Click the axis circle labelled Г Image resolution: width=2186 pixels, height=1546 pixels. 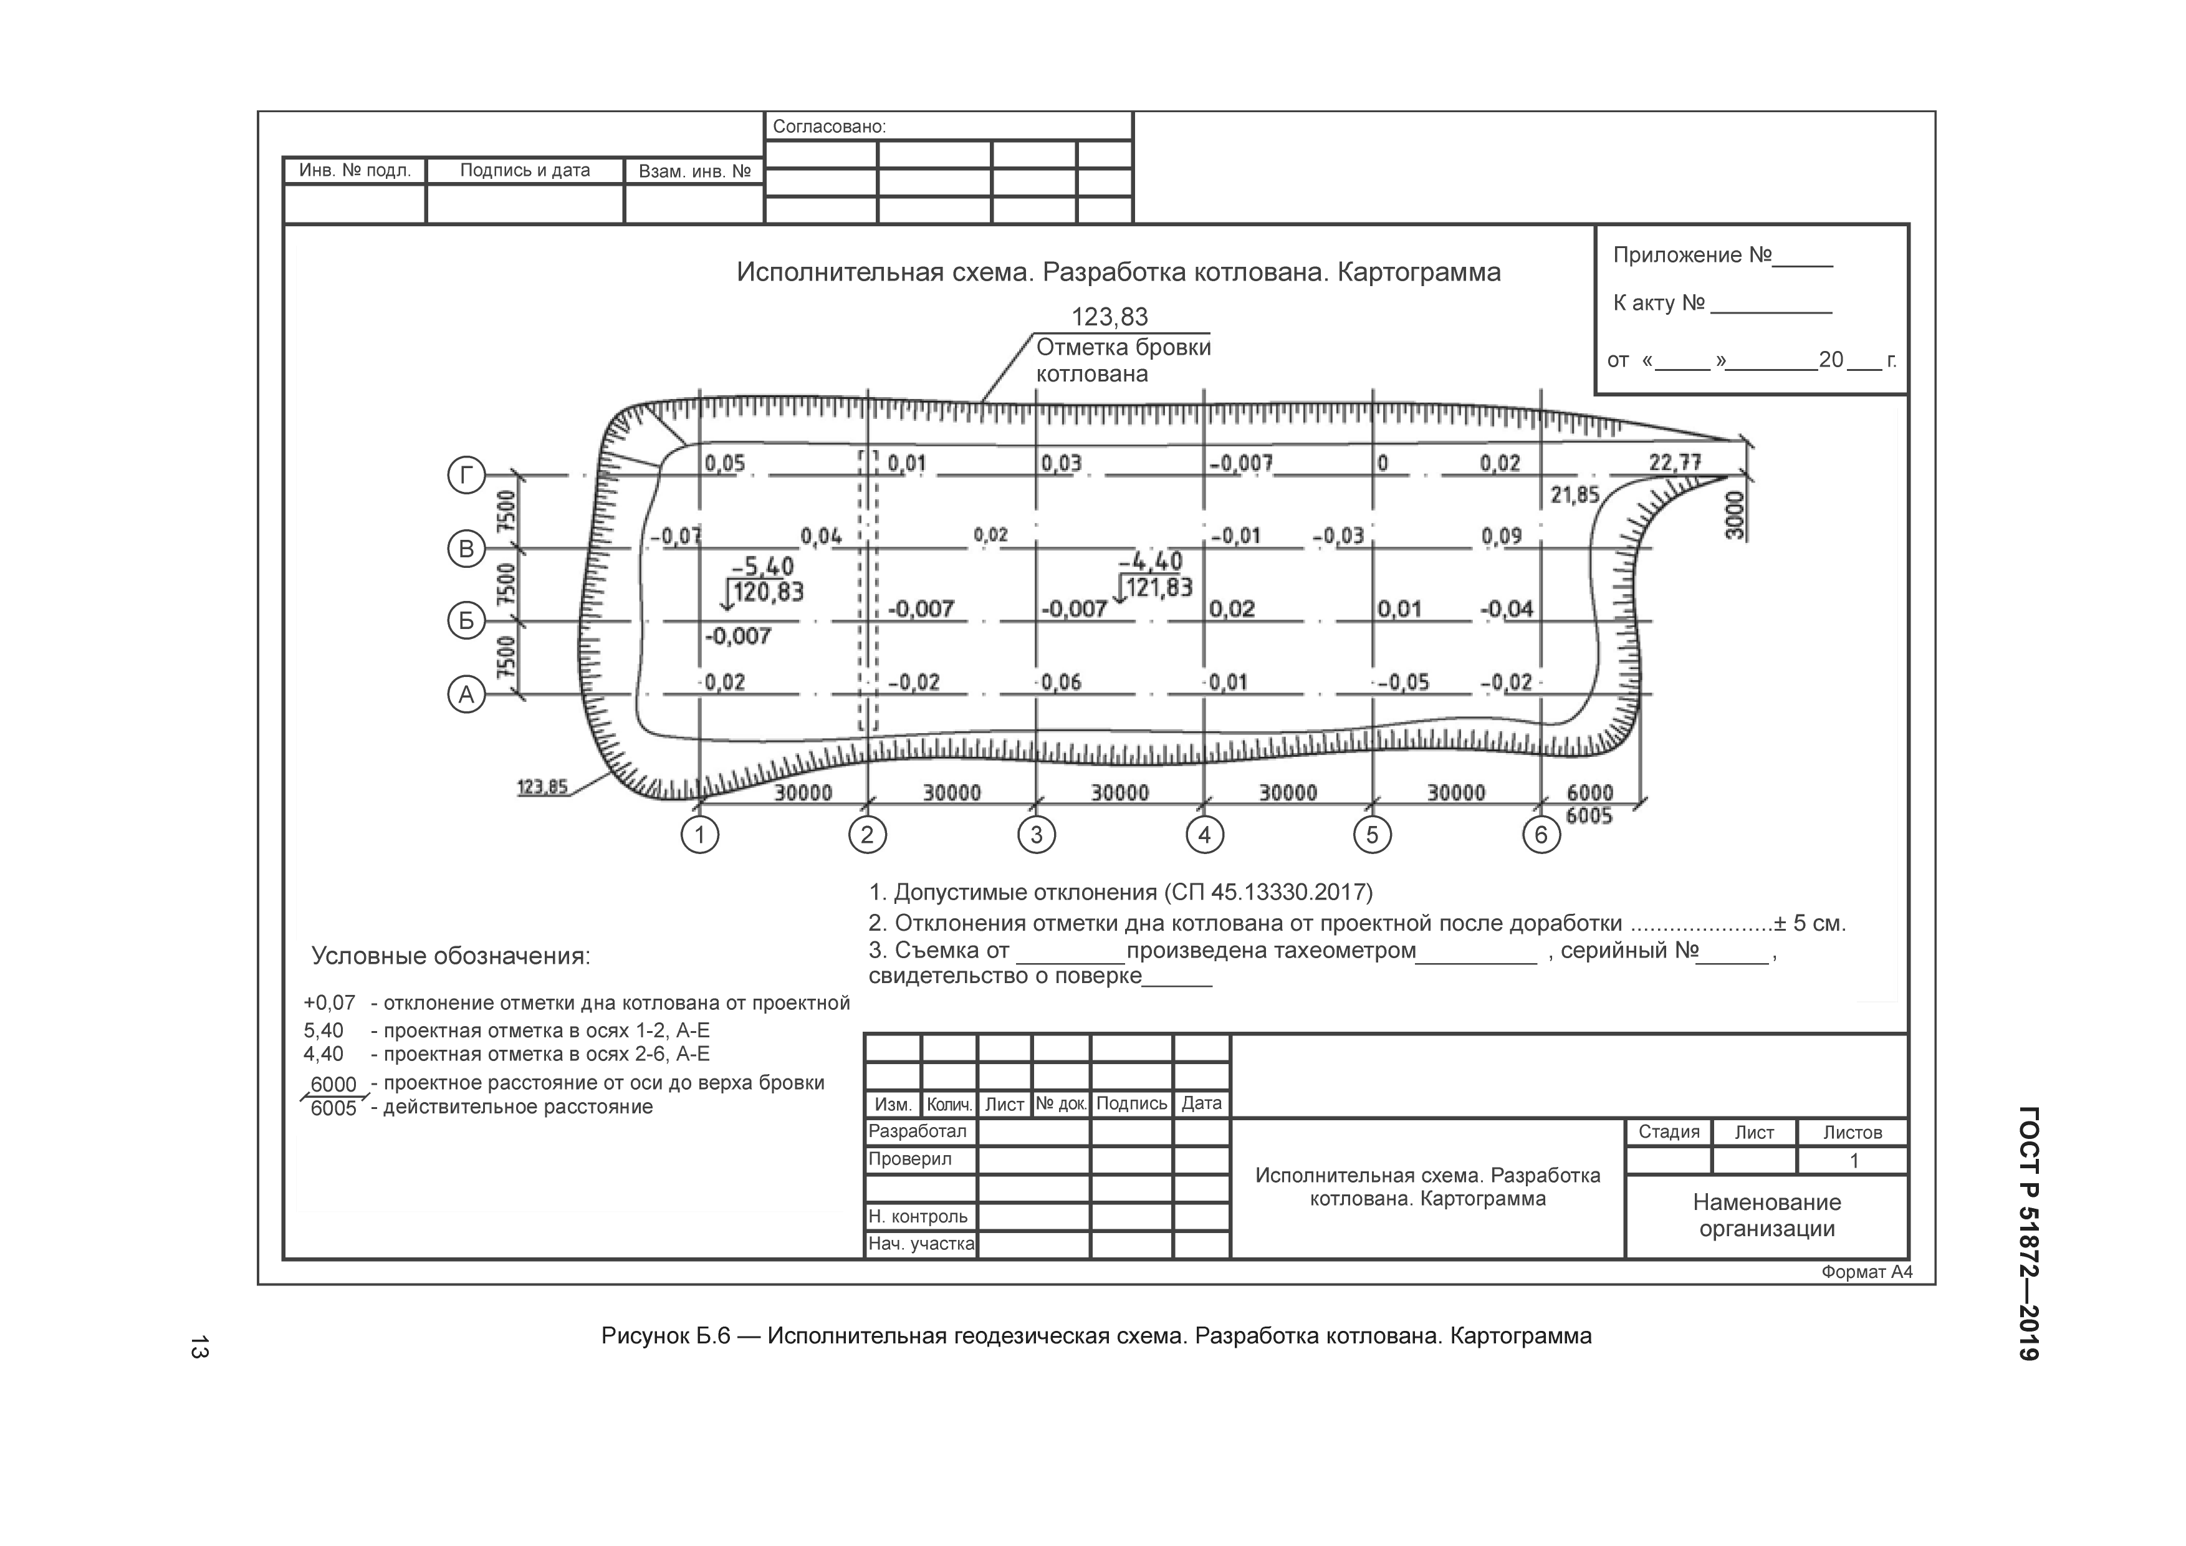(x=466, y=475)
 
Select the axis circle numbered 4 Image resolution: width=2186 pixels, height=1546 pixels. (x=1204, y=835)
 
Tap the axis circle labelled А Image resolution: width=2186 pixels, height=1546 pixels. (x=466, y=695)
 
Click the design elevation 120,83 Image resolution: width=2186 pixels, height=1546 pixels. (x=769, y=592)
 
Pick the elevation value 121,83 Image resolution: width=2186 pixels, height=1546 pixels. (x=1157, y=587)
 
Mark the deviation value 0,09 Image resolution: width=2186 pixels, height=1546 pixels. (x=1502, y=537)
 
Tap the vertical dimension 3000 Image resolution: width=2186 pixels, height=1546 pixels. (x=1736, y=515)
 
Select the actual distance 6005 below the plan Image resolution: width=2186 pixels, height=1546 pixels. (x=1589, y=816)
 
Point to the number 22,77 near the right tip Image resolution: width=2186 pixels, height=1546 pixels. (x=1675, y=463)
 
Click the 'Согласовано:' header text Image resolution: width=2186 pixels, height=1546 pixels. (x=829, y=127)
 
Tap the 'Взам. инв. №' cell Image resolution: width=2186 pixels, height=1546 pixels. (x=694, y=171)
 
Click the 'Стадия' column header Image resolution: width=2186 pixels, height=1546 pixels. (x=1669, y=1132)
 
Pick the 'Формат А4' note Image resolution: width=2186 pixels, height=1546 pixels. (x=1866, y=1272)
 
